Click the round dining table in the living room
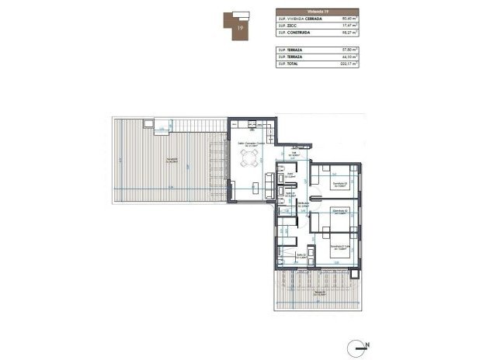pos(249,161)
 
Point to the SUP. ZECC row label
pos(287,26)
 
